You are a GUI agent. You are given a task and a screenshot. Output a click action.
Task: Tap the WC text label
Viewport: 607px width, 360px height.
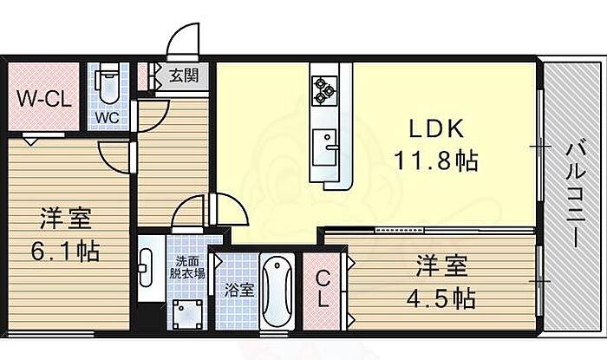pos(107,115)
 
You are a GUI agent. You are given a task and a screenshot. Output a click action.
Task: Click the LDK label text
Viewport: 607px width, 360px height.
pos(437,129)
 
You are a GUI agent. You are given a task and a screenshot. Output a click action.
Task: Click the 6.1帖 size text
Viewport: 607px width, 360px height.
pos(67,252)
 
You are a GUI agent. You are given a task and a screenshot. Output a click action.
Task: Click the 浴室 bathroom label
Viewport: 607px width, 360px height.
pos(238,290)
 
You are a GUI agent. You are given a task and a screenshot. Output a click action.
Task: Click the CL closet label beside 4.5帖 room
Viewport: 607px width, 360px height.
pos(321,290)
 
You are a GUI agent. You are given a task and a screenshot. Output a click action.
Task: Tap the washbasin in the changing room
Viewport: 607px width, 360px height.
pos(146,260)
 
